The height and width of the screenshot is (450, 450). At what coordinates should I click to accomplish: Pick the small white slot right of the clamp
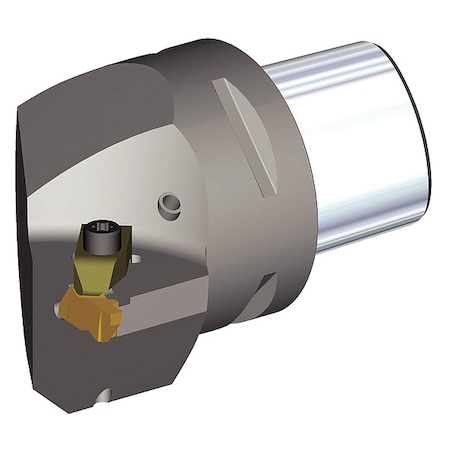click(x=135, y=263)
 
